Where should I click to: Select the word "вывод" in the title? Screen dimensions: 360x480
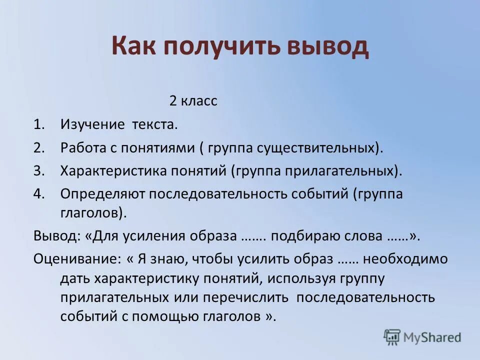coord(327,46)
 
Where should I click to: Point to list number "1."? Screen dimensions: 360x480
coord(39,124)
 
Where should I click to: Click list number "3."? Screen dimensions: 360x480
coord(39,170)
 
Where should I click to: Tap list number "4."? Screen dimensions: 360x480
coord(39,194)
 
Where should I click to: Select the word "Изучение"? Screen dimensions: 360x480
coord(93,124)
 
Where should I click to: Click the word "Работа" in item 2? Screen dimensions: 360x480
coord(83,147)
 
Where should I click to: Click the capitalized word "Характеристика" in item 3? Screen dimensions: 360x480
coord(110,170)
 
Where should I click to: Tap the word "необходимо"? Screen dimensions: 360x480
coord(405,259)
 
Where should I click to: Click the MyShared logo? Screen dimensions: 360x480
coord(422,337)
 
